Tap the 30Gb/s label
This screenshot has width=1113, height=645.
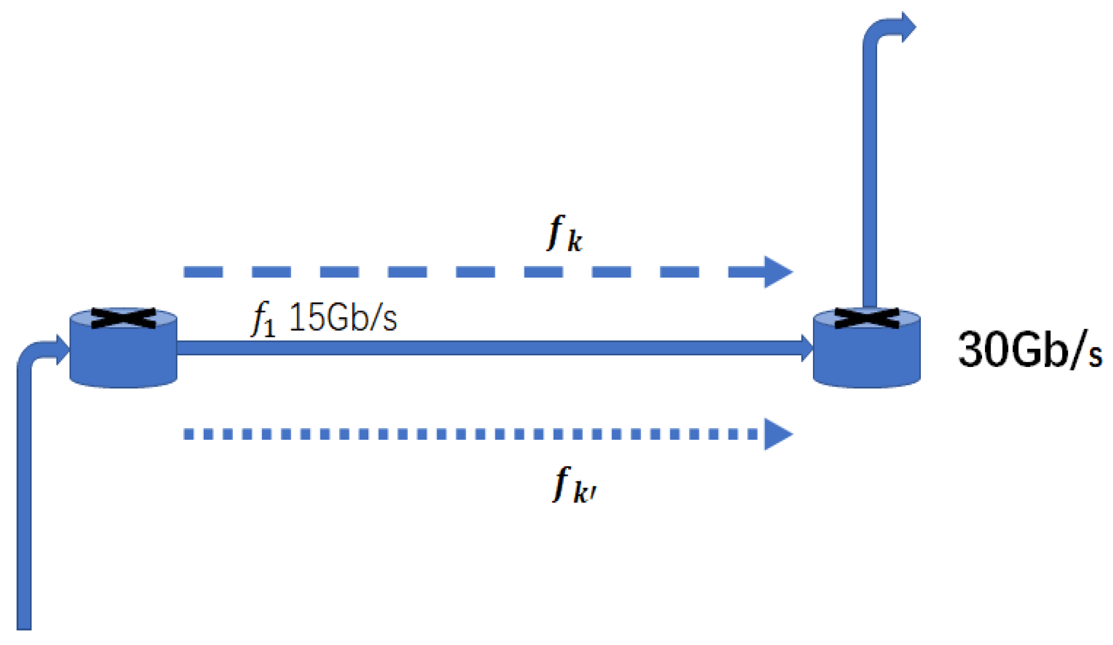1029,350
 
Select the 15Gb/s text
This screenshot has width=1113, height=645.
343,318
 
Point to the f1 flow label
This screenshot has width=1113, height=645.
263,320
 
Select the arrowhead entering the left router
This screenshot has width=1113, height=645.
63,349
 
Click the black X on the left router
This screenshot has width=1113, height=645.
123,318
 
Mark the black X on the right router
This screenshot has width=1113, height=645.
867,318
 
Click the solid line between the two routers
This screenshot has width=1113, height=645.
492,348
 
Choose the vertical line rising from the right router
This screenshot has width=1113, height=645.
870,176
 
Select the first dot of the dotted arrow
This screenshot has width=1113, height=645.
189,434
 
